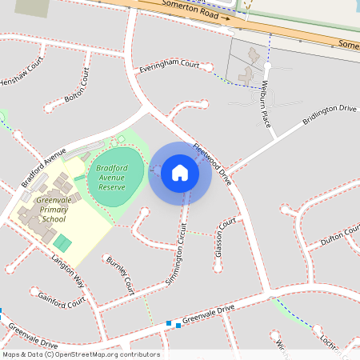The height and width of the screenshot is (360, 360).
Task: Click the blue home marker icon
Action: tap(179, 173)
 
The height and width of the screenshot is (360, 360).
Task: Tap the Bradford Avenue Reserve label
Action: tap(112, 177)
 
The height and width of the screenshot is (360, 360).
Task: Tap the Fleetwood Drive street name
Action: tap(212, 163)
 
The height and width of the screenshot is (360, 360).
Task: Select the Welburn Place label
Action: tap(262, 99)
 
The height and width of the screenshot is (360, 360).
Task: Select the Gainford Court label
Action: tap(61, 299)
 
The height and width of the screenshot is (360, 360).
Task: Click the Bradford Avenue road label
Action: tap(43, 167)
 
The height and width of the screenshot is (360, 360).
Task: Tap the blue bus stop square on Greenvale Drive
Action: tap(169, 324)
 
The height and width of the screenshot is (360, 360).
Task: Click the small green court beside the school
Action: tap(62, 242)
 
